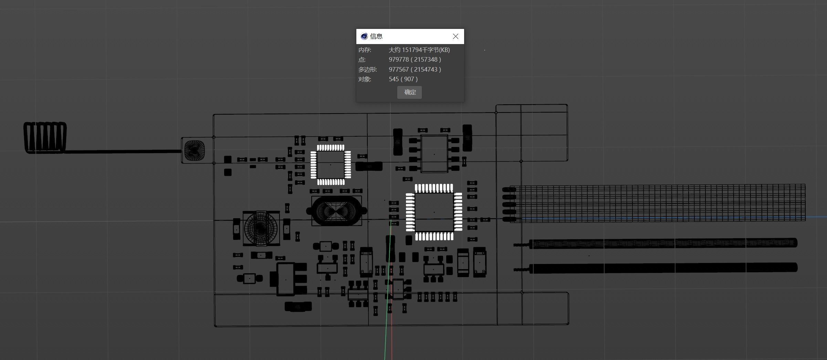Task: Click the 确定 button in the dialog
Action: click(x=409, y=92)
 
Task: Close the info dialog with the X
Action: click(x=456, y=36)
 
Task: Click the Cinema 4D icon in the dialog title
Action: click(x=364, y=36)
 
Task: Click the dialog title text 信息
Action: click(x=376, y=36)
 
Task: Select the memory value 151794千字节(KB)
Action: click(x=419, y=50)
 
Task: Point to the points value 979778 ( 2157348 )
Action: click(x=415, y=60)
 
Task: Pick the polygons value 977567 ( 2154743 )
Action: click(x=415, y=70)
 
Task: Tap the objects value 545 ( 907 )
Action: click(x=403, y=79)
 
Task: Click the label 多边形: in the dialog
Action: click(x=367, y=70)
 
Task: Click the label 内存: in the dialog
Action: click(x=365, y=50)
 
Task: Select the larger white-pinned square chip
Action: click(x=434, y=212)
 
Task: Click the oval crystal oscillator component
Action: click(x=336, y=211)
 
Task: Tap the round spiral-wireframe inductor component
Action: click(x=261, y=228)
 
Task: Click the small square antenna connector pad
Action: click(x=194, y=150)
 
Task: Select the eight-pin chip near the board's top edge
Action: click(x=434, y=153)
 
